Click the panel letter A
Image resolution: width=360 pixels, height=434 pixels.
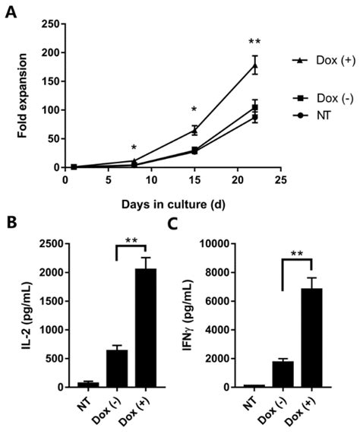point(11,12)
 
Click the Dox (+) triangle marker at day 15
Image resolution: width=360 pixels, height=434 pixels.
point(195,130)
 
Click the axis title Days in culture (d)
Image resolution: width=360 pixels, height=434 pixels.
point(177,204)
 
